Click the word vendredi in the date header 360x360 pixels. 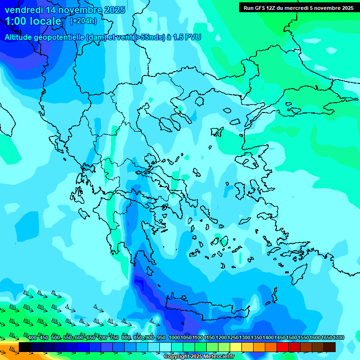click(x=21, y=10)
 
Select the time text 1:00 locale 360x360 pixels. click(x=33, y=21)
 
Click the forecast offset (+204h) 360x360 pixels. click(x=83, y=21)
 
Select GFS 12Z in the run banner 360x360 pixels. click(x=266, y=8)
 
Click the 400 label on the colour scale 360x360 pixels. click(x=32, y=338)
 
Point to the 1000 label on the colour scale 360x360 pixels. click(x=174, y=338)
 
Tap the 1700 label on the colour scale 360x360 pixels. click(x=338, y=338)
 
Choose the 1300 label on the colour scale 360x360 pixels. click(x=245, y=338)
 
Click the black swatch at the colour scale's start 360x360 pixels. click(x=25, y=347)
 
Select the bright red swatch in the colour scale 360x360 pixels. click(x=283, y=347)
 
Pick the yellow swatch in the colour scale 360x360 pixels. click(x=236, y=347)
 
